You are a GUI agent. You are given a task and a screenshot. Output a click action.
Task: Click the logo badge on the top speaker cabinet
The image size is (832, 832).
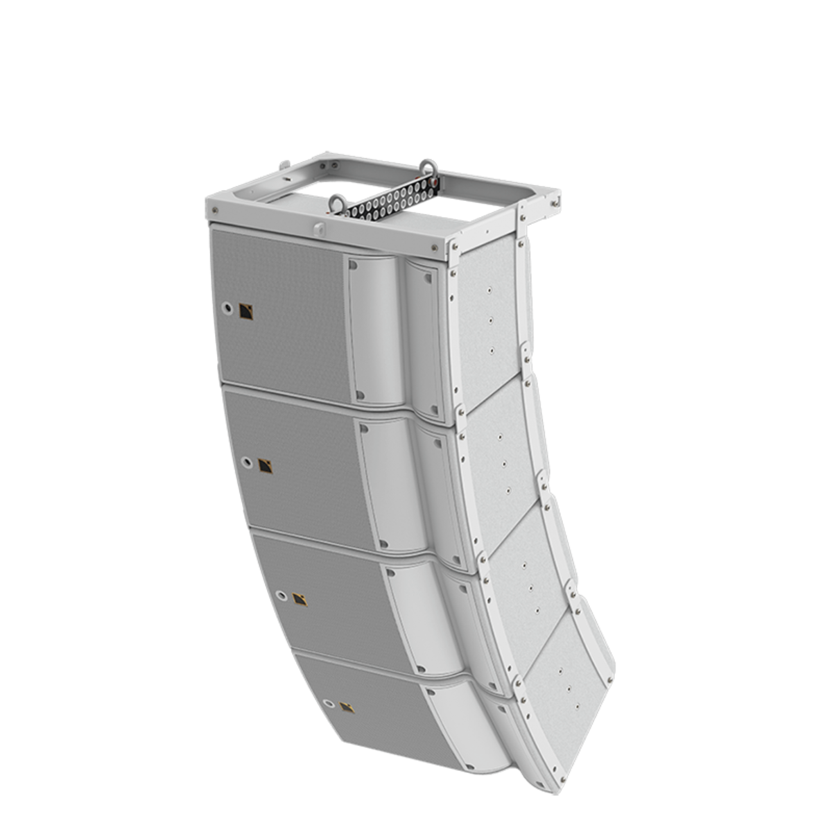click(x=246, y=313)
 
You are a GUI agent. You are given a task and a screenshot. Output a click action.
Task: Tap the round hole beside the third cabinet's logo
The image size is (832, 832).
click(x=281, y=595)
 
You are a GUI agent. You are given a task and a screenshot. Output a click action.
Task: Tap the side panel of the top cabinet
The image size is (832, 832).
click(x=488, y=319)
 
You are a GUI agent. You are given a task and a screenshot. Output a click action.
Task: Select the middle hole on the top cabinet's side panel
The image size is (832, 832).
click(x=490, y=320)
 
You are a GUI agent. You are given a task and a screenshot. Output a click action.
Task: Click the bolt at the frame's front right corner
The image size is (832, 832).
click(x=435, y=246)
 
